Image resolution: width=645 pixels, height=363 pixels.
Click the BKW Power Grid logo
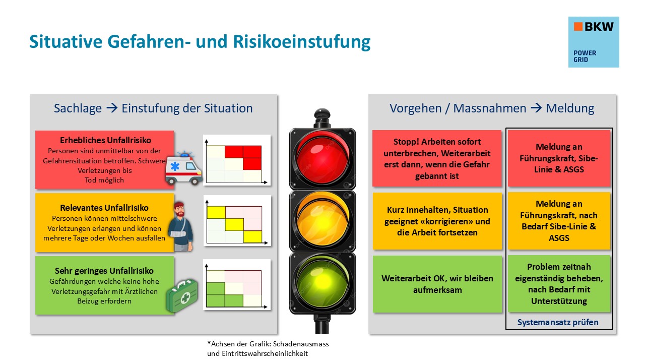[x=593, y=42]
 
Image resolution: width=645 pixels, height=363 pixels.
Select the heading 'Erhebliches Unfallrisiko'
[x=105, y=140]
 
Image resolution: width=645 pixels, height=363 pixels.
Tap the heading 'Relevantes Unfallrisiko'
[x=105, y=207]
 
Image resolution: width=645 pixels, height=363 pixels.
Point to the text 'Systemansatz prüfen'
[x=558, y=322]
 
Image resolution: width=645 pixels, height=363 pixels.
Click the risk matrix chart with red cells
[x=236, y=159]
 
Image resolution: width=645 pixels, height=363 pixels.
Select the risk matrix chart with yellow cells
[x=236, y=220]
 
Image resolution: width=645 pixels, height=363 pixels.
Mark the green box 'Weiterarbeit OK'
[x=437, y=284]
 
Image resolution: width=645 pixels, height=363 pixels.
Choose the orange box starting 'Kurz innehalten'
[x=437, y=221]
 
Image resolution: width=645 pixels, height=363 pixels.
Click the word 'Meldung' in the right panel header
[x=570, y=108]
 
